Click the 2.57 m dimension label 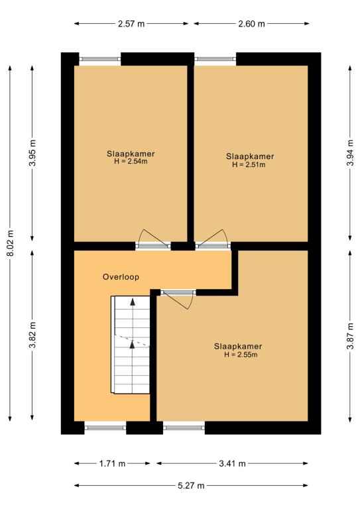click(131, 24)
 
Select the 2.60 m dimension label click(251, 24)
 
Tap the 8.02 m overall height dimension click(10, 243)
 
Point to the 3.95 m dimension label click(32, 152)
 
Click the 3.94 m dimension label click(350, 152)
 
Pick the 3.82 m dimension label click(32, 335)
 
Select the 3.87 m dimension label click(350, 336)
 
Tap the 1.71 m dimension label click(112, 463)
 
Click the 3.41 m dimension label click(232, 463)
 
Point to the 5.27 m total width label click(191, 486)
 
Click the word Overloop click(121, 277)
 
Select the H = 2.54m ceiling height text click(131, 161)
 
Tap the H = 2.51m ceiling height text click(249, 164)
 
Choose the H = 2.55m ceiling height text click(241, 355)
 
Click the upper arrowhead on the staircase click(133, 302)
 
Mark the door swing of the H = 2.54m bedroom click(152, 236)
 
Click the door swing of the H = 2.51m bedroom click(212, 236)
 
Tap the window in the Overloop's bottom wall click(105, 428)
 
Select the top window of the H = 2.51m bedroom click(215, 59)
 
